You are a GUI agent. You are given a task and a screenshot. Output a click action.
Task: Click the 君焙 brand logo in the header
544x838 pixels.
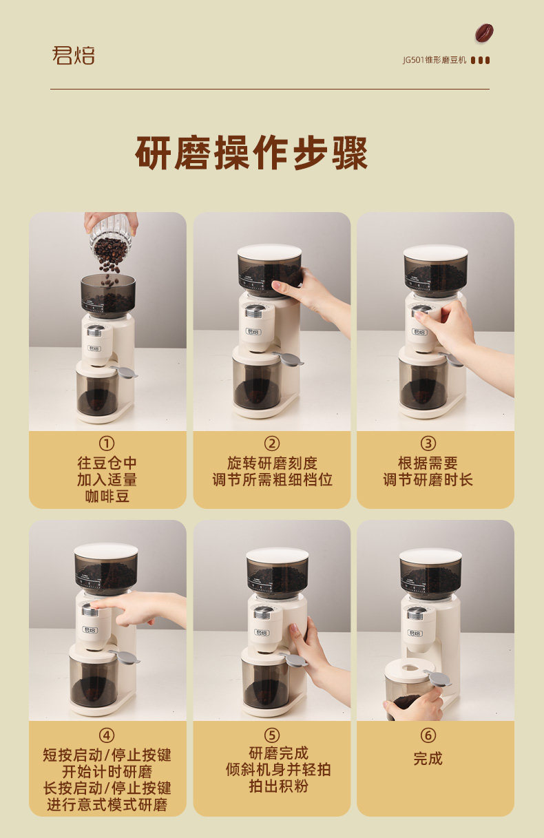click(73, 55)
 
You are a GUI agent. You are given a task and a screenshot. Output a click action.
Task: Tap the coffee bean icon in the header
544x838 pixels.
click(484, 33)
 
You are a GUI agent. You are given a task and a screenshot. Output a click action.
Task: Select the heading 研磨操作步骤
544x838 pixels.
click(251, 153)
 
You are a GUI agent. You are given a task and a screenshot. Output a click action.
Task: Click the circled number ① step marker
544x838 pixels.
click(107, 443)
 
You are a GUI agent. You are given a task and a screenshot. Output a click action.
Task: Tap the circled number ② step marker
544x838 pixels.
click(272, 443)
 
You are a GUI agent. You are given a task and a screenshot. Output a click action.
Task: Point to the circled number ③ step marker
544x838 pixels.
click(428, 443)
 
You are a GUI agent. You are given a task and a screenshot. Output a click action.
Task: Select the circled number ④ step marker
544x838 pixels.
click(107, 736)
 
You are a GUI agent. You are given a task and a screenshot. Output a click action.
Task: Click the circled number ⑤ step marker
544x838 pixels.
click(272, 735)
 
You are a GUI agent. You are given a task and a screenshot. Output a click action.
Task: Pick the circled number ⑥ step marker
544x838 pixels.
click(428, 735)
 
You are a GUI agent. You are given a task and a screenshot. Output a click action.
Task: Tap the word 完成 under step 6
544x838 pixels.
click(428, 758)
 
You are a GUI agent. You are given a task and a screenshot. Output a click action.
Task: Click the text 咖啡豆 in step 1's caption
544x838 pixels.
click(107, 496)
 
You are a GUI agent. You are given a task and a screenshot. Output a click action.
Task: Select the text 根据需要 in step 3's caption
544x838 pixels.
click(428, 463)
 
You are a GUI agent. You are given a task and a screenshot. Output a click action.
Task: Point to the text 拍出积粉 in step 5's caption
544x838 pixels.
click(279, 786)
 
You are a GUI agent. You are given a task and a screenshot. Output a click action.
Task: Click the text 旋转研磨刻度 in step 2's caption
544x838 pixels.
click(273, 463)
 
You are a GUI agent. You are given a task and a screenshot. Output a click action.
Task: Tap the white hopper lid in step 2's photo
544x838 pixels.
click(269, 252)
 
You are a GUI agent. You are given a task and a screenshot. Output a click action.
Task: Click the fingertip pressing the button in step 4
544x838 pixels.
click(94, 602)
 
